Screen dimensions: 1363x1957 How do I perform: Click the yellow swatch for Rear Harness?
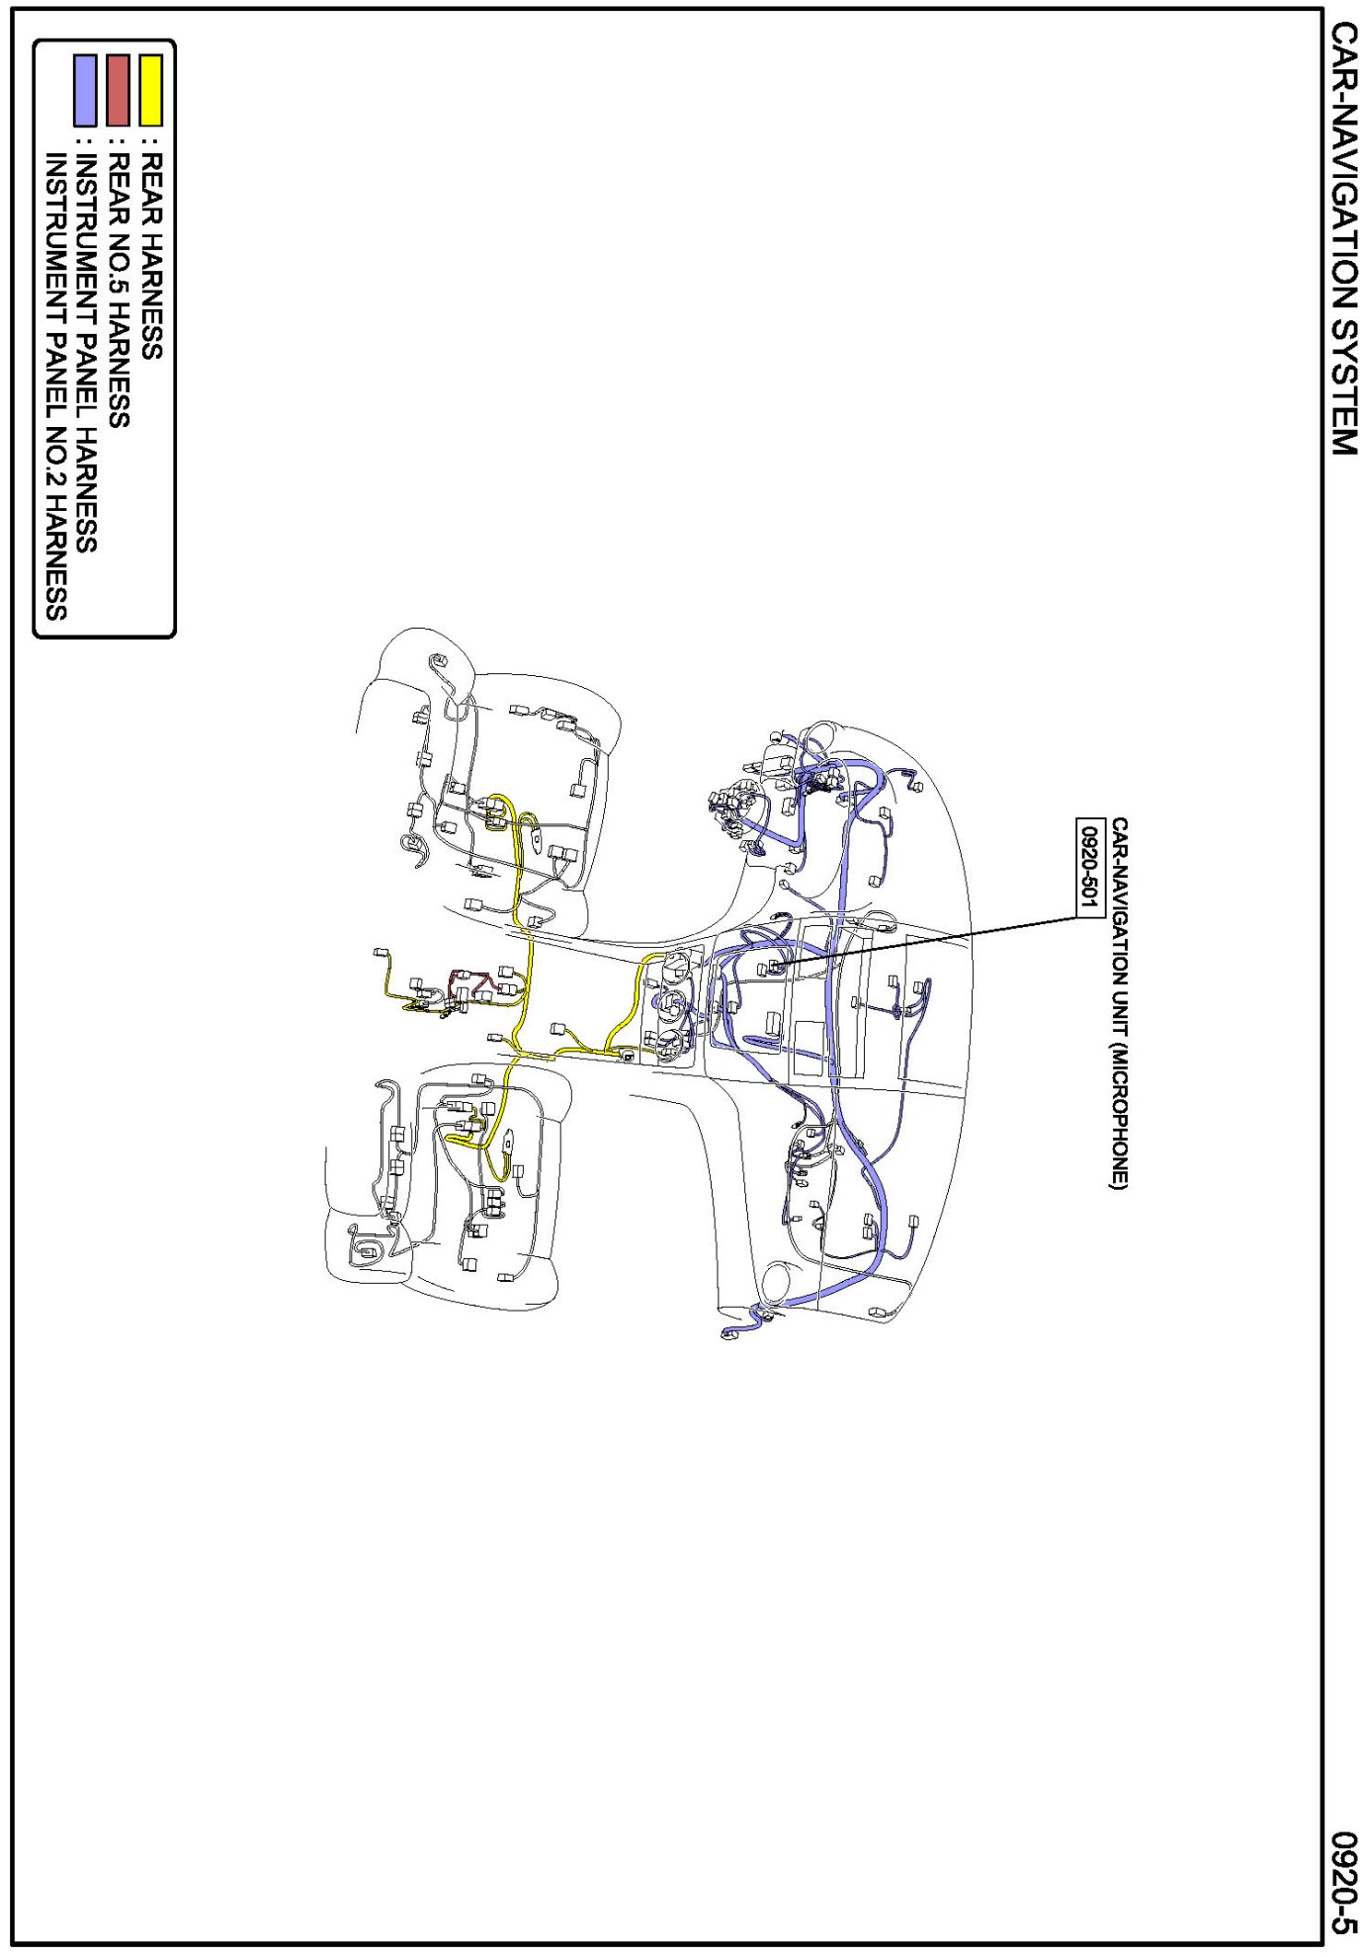150,90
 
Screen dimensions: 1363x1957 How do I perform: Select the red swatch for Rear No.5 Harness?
118,90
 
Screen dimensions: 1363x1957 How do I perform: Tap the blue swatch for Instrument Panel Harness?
85,90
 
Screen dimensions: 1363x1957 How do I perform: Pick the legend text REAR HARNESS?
150,255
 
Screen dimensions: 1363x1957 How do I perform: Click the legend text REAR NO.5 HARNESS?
118,290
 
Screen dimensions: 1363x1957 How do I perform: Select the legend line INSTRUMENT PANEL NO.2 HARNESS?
55,385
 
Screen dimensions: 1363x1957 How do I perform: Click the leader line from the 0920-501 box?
929,939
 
